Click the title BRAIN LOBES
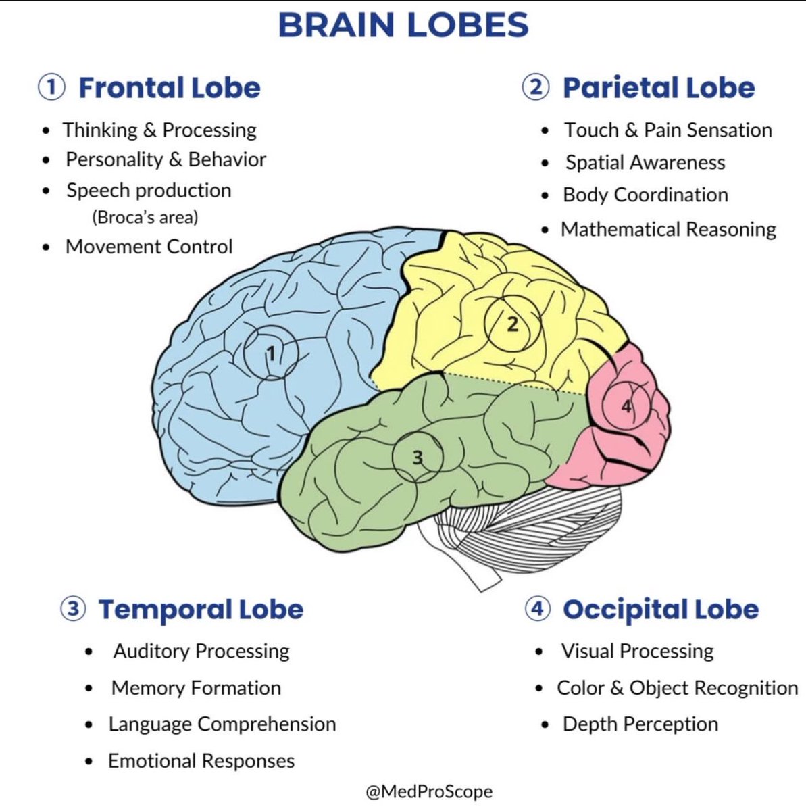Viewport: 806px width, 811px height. click(x=403, y=26)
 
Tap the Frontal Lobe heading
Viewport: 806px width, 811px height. click(x=169, y=88)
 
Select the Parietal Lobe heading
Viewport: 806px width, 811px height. click(x=658, y=88)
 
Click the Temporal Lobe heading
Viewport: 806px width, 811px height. click(x=201, y=610)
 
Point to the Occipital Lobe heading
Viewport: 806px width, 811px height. click(x=660, y=610)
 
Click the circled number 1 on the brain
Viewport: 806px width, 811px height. click(x=271, y=353)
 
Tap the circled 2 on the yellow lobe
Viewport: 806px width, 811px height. click(x=513, y=324)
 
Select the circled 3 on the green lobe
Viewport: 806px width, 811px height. click(x=418, y=457)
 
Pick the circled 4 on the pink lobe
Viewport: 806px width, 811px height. click(x=626, y=406)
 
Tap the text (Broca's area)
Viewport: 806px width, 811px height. click(x=145, y=218)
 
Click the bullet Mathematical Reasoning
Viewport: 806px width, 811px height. click(x=668, y=230)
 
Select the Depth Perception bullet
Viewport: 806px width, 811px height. click(x=640, y=724)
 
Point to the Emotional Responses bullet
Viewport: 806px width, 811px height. click(x=201, y=761)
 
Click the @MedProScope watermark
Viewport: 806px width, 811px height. click(x=429, y=792)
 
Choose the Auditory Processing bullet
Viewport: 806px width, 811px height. click(x=201, y=652)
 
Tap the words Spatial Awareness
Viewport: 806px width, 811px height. click(x=645, y=163)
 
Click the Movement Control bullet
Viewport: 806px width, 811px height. click(x=149, y=247)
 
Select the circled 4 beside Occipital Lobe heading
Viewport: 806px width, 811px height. click(x=537, y=609)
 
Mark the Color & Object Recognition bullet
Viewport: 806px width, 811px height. click(x=677, y=688)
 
